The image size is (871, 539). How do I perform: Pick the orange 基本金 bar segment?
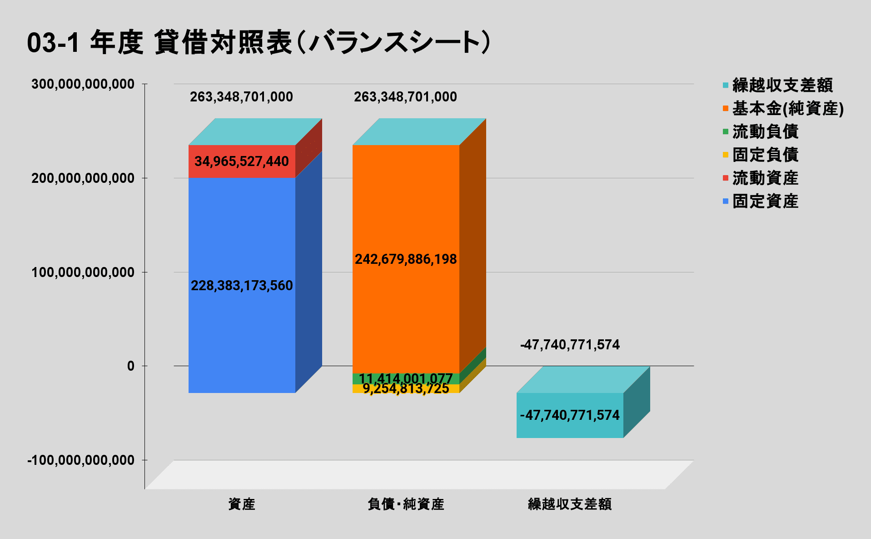coord(406,205)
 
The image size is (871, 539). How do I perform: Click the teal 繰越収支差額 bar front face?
coord(570,428)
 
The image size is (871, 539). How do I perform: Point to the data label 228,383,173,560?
coord(242,286)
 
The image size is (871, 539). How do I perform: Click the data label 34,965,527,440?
coord(242,161)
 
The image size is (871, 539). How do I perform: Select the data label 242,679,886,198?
coord(406,259)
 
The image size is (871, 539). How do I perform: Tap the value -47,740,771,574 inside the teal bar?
coord(570,415)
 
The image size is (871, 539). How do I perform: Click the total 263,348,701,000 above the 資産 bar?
coord(241,97)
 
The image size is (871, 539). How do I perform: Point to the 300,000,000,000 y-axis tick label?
coord(83,84)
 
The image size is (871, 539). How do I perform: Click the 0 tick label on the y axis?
coord(131,366)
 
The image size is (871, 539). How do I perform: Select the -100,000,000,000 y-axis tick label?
coord(81,460)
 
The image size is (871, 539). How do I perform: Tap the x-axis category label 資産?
coord(242,504)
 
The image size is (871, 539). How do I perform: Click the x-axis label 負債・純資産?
coord(406,504)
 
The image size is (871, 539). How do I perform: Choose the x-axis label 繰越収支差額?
coord(570,504)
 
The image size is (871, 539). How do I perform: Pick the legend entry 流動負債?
coord(765,132)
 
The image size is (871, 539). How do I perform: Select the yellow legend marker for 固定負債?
coord(726,155)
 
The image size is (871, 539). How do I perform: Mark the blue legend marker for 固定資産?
coord(726,201)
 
